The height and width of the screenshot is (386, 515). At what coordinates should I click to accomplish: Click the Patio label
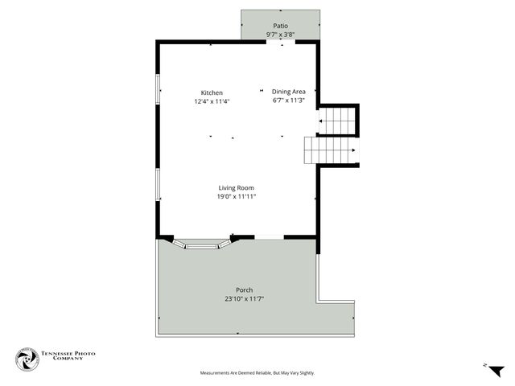click(280, 26)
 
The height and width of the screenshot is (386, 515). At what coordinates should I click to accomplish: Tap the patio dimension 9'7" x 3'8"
click(280, 35)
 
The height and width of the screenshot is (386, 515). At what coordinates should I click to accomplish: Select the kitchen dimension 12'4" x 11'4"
click(212, 102)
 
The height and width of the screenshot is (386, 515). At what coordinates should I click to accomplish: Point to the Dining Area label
click(288, 92)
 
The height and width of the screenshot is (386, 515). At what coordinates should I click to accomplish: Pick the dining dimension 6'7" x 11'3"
click(288, 101)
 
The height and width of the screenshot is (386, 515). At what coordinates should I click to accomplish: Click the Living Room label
click(236, 188)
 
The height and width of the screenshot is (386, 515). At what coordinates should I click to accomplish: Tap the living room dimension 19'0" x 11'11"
click(236, 197)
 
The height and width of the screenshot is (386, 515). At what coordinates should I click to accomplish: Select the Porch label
click(244, 290)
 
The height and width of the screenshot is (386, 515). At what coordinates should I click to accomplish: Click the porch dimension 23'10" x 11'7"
click(244, 299)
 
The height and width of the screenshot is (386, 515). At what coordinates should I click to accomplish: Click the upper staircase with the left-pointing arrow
click(338, 121)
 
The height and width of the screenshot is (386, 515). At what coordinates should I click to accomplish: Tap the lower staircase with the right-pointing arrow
click(329, 150)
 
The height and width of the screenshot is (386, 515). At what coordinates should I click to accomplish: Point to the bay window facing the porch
click(202, 243)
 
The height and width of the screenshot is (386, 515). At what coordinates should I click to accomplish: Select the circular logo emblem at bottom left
click(27, 359)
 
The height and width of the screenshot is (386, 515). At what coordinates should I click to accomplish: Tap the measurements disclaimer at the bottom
click(257, 373)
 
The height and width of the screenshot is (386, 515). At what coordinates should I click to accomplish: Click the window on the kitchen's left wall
click(158, 90)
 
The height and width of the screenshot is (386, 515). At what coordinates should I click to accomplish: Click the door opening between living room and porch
click(270, 236)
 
